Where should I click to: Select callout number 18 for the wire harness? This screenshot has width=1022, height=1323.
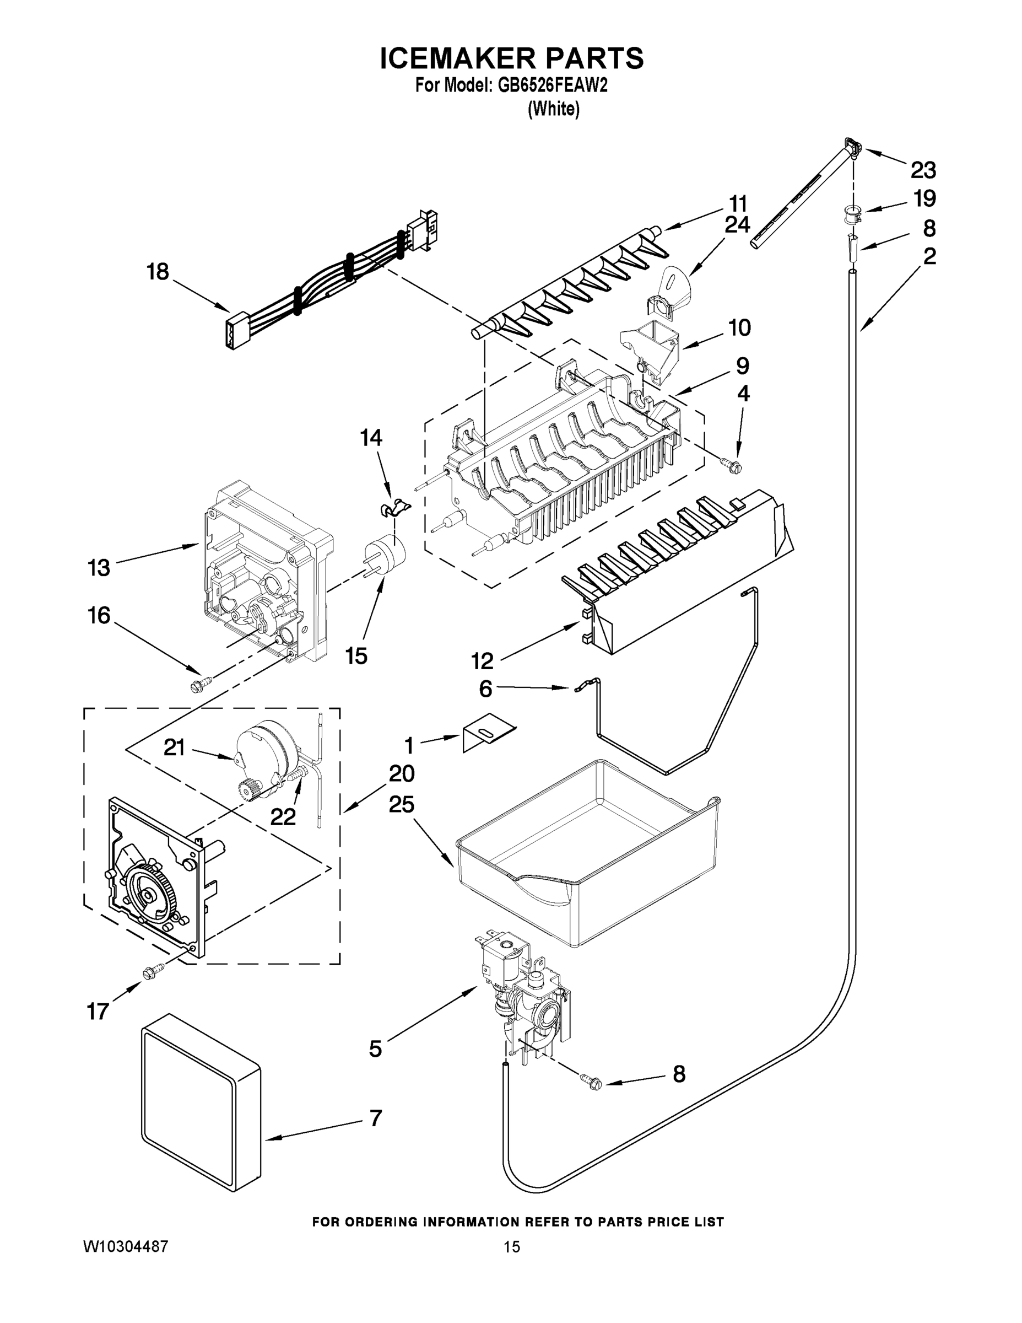(x=158, y=272)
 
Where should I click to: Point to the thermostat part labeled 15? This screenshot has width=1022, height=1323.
(x=385, y=553)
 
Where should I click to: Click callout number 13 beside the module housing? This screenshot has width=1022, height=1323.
(x=99, y=568)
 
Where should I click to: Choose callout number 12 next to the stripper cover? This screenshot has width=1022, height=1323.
(x=482, y=660)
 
